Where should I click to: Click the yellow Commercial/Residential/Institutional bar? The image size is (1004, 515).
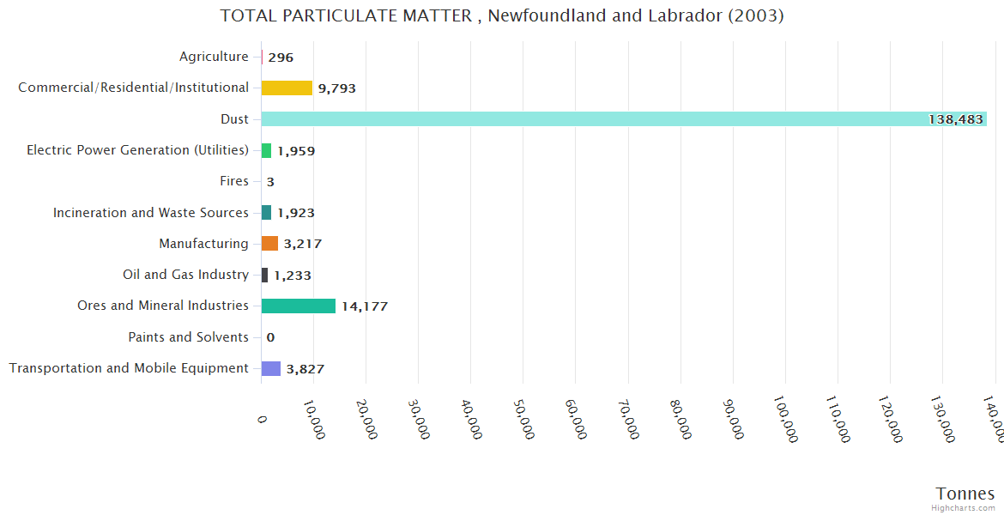[287, 88]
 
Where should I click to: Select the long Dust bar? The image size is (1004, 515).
[624, 119]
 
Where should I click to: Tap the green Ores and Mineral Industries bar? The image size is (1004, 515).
[299, 306]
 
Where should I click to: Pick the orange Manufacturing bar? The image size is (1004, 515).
[269, 244]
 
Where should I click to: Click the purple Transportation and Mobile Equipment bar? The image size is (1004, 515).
[271, 368]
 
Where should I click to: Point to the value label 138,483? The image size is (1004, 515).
[955, 119]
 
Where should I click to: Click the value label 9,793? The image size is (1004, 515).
[336, 88]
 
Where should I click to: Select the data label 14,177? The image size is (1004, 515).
[365, 306]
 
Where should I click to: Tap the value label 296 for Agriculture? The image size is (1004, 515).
[281, 58]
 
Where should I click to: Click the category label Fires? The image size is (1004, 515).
[234, 181]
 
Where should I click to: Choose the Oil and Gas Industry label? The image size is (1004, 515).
[185, 275]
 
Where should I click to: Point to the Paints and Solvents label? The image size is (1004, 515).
[188, 337]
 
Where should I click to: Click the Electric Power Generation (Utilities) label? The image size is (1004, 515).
[137, 150]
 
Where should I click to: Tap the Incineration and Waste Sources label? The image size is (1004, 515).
[151, 213]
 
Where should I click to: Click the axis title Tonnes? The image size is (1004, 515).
[965, 494]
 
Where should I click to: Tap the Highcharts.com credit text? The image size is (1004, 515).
[964, 508]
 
